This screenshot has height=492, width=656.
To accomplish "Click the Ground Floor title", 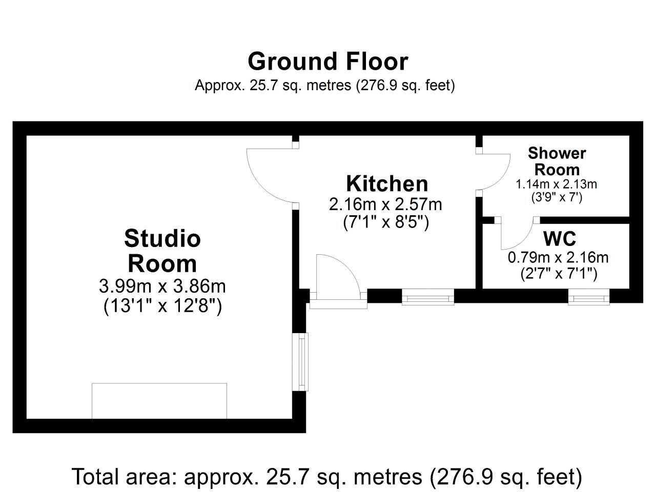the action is pos(328,61).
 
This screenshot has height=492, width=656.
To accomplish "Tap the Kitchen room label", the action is pos(387,183).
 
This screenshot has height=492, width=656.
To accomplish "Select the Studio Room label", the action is pos(162,251).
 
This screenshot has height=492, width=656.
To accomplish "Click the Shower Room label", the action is pos(557,161).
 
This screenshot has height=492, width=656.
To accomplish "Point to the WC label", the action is pos(560,238).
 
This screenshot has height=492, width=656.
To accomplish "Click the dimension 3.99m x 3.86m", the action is pos(162,286).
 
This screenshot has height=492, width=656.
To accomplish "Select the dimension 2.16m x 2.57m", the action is pos(385,204).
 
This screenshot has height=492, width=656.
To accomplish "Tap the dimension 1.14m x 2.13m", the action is pos(557,184).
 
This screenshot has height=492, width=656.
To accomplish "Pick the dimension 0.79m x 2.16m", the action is pos(558,257).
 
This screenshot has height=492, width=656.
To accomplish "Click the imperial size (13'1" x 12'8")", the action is pos(162,306).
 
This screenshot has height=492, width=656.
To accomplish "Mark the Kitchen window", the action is pos(428,297).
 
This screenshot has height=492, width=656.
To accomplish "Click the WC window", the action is pos(589,297).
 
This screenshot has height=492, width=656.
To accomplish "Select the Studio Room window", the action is pos(300,362).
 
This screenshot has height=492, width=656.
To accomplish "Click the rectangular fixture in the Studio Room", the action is pos(159,401).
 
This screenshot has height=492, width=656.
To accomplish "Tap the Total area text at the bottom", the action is pos(327,477).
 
